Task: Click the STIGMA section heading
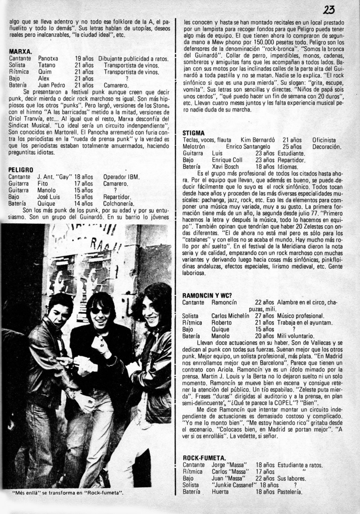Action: [193, 133]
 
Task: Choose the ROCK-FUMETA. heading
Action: [204, 458]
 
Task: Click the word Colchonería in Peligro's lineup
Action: [118, 204]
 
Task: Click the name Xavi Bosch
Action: [225, 167]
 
